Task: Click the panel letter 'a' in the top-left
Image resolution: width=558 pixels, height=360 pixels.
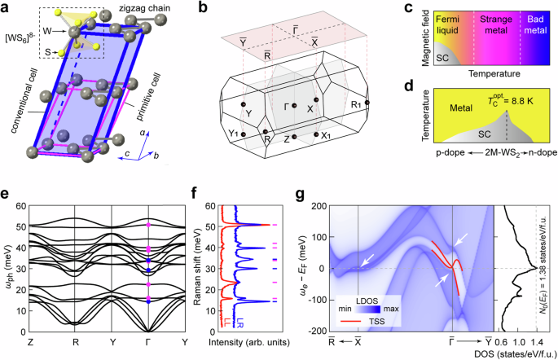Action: [7, 7]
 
